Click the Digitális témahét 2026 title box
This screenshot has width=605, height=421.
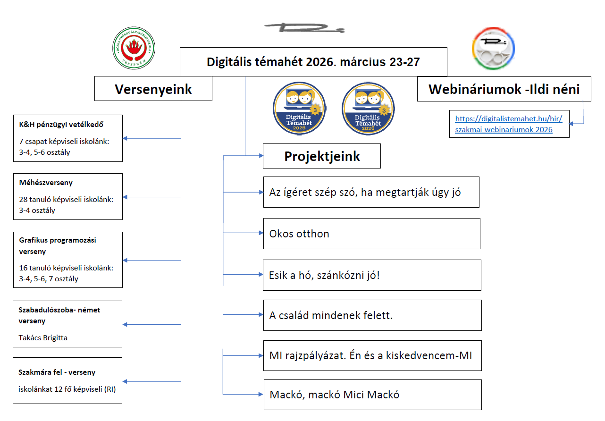coord(313,62)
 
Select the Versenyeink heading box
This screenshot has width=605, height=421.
coord(153,89)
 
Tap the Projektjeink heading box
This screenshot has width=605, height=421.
coord(322,156)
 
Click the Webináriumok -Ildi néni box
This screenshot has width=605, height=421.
coord(504,89)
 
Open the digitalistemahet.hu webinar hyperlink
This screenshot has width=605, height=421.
coord(509,124)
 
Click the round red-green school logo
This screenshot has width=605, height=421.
coord(134,48)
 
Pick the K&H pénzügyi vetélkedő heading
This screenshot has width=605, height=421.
coord(61,125)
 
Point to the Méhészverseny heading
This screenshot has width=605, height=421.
coord(46,183)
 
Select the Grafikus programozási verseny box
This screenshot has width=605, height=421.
coord(68,260)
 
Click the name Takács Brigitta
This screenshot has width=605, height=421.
coord(43,338)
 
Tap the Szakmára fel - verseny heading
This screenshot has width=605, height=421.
coord(57,372)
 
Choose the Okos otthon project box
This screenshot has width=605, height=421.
coord(372,234)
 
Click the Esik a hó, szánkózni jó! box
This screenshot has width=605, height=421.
coord(372,275)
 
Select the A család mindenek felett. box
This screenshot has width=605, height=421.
coord(372,315)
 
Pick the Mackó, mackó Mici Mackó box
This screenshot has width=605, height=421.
coord(373,395)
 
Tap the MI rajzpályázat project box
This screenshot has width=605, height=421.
coord(372,356)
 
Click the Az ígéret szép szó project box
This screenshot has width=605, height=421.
coord(371,192)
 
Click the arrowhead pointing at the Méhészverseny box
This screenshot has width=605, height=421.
coord(125,197)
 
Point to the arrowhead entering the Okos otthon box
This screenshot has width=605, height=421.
coord(261,233)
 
